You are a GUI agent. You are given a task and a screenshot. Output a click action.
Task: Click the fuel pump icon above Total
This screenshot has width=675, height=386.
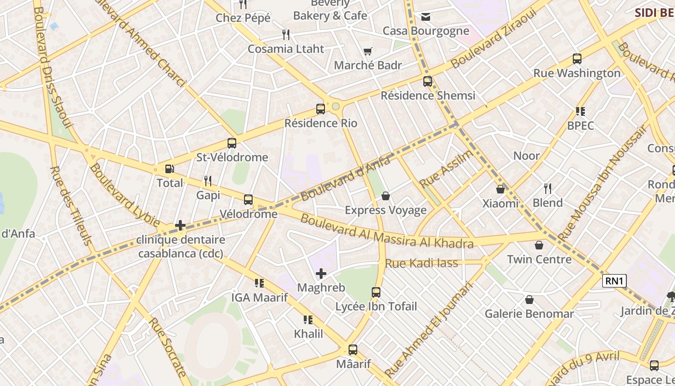tap(169, 169)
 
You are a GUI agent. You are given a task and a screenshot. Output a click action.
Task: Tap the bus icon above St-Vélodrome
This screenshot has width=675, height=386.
tap(232, 143)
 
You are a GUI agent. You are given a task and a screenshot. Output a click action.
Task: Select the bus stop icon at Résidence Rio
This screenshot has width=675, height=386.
tap(321, 109)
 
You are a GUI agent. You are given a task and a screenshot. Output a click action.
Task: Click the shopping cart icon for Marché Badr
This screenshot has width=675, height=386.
tap(368, 51)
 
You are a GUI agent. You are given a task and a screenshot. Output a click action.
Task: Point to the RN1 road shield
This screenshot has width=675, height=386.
tap(614, 281)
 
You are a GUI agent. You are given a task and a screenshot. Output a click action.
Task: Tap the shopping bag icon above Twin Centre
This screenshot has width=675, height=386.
tap(539, 245)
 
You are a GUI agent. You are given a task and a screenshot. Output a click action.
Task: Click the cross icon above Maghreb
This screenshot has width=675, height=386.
tap(321, 274)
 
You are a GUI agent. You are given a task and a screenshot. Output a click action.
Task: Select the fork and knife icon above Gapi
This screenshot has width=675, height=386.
tap(208, 181)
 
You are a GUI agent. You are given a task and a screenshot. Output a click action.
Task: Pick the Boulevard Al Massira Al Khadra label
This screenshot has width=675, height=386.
tap(387, 232)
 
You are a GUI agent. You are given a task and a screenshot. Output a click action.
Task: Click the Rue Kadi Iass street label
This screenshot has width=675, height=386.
tap(421, 263)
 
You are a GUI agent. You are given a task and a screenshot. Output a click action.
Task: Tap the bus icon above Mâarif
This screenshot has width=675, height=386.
tap(353, 350)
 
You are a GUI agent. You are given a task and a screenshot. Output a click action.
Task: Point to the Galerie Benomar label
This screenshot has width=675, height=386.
tap(529, 314)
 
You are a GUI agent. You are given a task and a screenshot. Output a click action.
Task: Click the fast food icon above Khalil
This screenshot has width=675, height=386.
tap(308, 319)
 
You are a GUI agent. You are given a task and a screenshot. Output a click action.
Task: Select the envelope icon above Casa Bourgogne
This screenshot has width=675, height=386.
tap(426, 17)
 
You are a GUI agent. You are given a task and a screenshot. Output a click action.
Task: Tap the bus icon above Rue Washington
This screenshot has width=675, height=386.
tap(577, 59)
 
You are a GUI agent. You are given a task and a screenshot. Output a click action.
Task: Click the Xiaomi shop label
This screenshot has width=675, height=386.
tap(500, 203)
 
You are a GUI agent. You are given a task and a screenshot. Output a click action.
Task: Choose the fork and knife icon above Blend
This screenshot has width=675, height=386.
tap(548, 188)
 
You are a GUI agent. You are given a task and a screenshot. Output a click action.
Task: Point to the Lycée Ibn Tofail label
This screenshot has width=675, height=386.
tap(376, 306)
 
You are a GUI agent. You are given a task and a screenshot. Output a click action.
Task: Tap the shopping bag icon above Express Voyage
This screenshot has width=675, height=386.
tap(386, 196)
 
